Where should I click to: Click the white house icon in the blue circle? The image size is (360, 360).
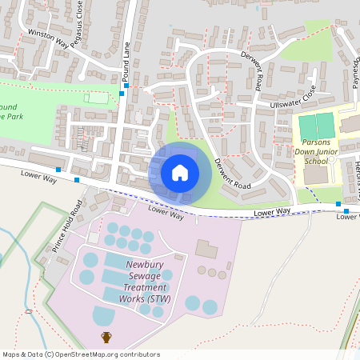coord(180,172)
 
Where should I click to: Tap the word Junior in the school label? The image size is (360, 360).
coord(330,150)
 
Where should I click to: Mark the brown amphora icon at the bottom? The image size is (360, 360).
coord(106,337)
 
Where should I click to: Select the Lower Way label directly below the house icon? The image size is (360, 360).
coord(166,212)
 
